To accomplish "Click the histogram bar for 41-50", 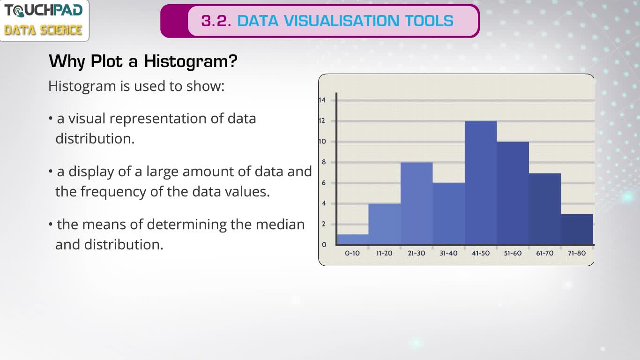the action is (x=481, y=183).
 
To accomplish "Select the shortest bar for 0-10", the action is (x=353, y=240).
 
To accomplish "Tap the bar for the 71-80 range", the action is (x=577, y=229).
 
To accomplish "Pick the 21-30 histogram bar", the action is (x=417, y=203).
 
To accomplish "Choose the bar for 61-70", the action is (x=545, y=209).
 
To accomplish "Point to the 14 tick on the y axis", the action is (x=322, y=100).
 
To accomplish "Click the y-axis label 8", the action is (x=324, y=162).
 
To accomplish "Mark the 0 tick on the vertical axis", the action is (x=324, y=245).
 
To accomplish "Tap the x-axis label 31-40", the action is (x=448, y=253).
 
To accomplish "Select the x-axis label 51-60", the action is (x=513, y=253).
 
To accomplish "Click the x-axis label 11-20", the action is (x=384, y=253).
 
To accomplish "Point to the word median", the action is (x=280, y=225).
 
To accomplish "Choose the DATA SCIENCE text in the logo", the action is (x=44, y=30).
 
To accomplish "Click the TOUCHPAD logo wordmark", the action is (x=44, y=10).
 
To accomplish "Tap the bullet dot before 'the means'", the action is (x=51, y=224).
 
